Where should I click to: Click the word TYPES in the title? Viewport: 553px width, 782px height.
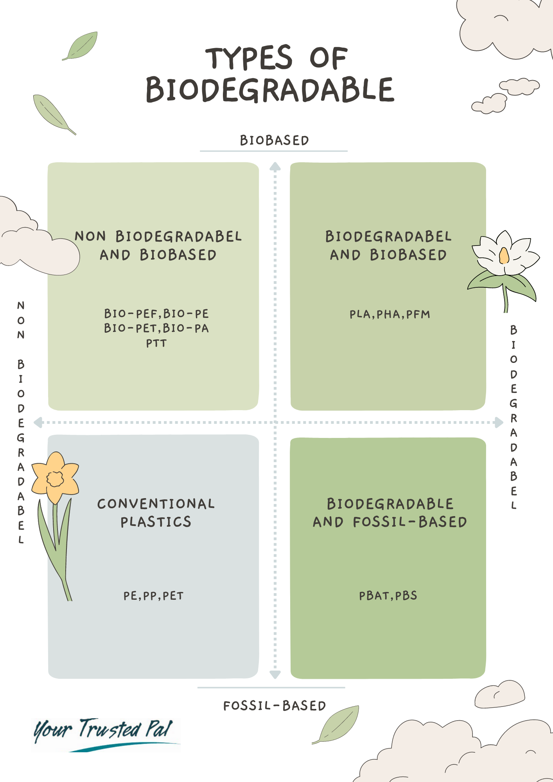(x=249, y=58)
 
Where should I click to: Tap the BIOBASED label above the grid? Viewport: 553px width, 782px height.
(x=275, y=140)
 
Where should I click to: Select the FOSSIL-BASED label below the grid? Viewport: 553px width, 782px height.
(x=275, y=706)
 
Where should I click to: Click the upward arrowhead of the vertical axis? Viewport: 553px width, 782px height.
(x=275, y=167)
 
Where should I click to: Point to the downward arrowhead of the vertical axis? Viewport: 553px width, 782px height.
(x=275, y=674)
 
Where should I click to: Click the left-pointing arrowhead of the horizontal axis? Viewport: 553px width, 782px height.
(x=38, y=422)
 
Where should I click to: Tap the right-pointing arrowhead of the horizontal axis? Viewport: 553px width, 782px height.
(x=499, y=422)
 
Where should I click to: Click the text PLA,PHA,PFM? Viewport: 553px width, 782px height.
(x=390, y=314)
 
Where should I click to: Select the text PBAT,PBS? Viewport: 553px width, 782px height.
(x=388, y=596)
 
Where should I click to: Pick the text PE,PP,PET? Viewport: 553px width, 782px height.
(x=153, y=596)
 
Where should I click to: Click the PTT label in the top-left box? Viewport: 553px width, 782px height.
(x=156, y=343)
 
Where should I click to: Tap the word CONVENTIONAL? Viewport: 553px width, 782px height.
(x=156, y=504)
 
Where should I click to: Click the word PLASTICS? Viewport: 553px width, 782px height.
(x=156, y=522)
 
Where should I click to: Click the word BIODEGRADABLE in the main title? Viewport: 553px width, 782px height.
(x=270, y=90)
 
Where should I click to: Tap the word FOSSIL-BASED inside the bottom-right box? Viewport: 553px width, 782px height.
(x=409, y=522)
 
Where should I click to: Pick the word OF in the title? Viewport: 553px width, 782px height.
(x=329, y=58)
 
